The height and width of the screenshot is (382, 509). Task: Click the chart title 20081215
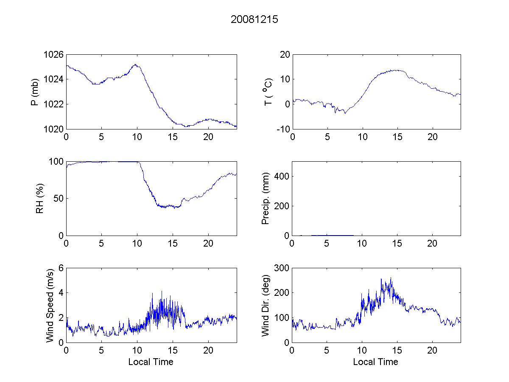[x=254, y=20]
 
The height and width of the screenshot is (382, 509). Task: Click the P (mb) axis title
[x=35, y=92]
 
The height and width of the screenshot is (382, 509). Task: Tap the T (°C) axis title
[x=268, y=92]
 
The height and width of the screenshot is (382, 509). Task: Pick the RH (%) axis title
[x=40, y=198]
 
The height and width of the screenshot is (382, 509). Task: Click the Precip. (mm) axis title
[x=266, y=198]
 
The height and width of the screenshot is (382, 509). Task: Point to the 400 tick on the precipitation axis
[x=282, y=176]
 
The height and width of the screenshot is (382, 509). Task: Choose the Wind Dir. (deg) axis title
[x=266, y=305]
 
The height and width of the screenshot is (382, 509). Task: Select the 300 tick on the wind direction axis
[x=282, y=268]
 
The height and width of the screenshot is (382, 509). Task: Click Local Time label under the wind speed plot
[x=151, y=362]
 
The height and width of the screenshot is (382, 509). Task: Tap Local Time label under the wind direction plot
[x=375, y=362]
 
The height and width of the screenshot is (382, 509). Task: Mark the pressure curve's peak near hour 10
[x=135, y=65]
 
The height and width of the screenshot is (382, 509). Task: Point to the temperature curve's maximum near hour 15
[x=397, y=70]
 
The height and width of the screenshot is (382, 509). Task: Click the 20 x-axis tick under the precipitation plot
[x=432, y=244]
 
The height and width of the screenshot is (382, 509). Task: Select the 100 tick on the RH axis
[x=57, y=162]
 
